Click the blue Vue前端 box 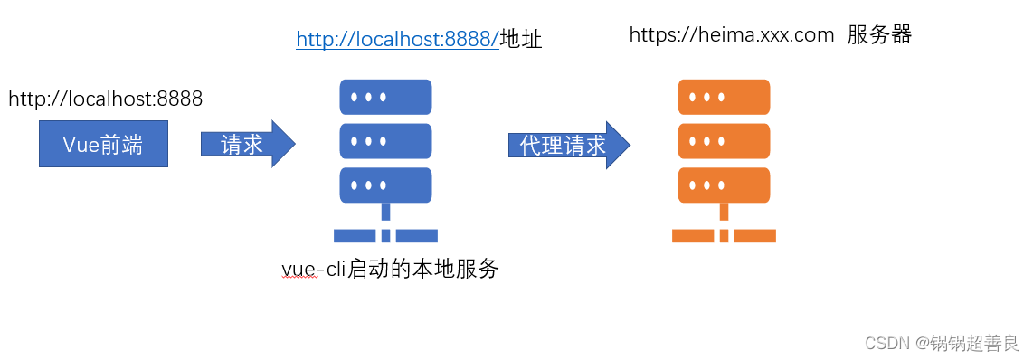103,145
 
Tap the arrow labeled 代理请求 567,145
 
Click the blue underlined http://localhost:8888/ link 397,39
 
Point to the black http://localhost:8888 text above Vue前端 105,99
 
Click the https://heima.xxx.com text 731,35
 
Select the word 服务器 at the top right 879,35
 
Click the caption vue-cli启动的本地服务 390,269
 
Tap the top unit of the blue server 385,96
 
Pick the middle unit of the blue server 385,140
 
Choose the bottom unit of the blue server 385,185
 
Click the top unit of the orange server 724,96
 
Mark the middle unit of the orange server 724,140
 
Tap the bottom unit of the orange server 724,185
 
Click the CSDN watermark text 886,343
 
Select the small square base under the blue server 385,236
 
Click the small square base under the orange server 724,236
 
